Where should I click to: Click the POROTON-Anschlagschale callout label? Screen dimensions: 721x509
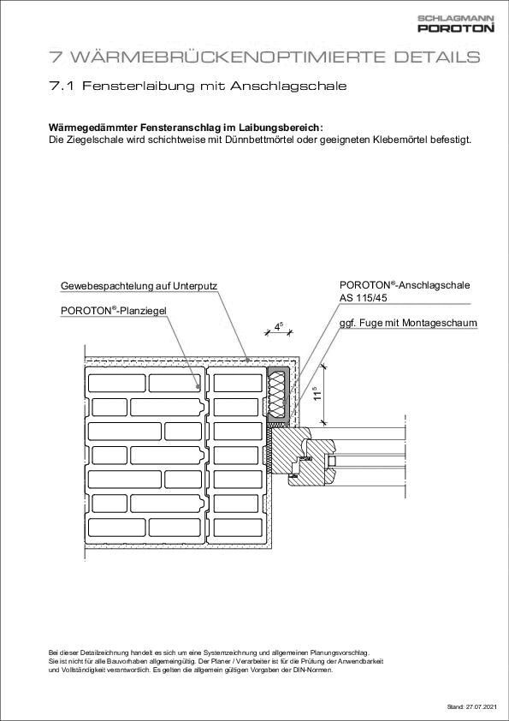[x=405, y=284]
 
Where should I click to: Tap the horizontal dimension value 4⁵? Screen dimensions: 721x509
[x=279, y=325]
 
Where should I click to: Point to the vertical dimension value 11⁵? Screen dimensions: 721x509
[x=317, y=393]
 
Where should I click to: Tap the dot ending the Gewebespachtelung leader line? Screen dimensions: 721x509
[x=247, y=359]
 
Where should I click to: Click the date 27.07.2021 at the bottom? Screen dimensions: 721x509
[x=479, y=707]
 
